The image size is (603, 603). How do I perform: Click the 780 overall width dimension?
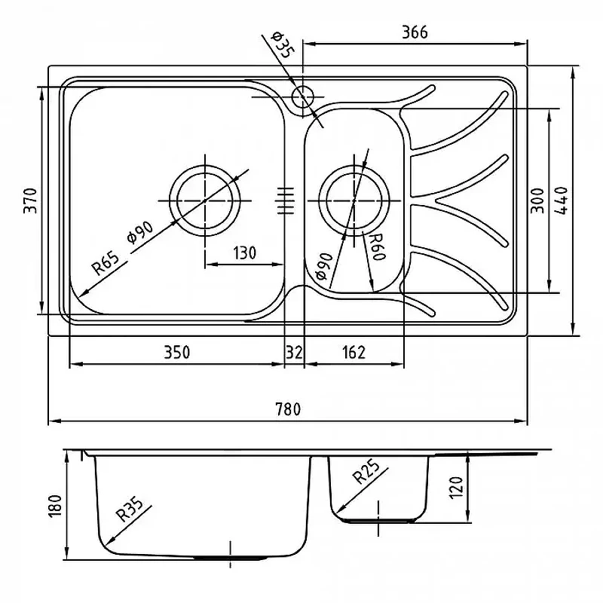[x=288, y=409]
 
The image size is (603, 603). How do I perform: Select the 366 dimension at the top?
[x=415, y=32]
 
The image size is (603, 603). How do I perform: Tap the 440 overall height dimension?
[x=562, y=200]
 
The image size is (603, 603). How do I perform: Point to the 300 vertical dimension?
[x=537, y=200]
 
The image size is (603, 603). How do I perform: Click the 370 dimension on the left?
[x=30, y=200]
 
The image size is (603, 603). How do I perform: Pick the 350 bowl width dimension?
[x=177, y=352]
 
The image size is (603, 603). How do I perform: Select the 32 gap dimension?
[x=294, y=352]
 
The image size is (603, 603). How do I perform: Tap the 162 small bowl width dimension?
[x=354, y=352]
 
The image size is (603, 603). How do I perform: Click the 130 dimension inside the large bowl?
[x=244, y=253]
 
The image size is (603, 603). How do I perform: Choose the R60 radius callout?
[x=376, y=246]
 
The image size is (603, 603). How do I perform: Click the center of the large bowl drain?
[x=205, y=200]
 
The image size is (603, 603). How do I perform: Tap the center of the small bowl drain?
[x=354, y=200]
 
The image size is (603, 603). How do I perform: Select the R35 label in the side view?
[x=130, y=510]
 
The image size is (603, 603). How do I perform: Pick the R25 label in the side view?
[x=366, y=473]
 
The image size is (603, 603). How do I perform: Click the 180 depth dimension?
[x=55, y=506]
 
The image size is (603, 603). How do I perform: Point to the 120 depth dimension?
[x=456, y=488]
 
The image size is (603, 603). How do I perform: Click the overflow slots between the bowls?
[x=285, y=200]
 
